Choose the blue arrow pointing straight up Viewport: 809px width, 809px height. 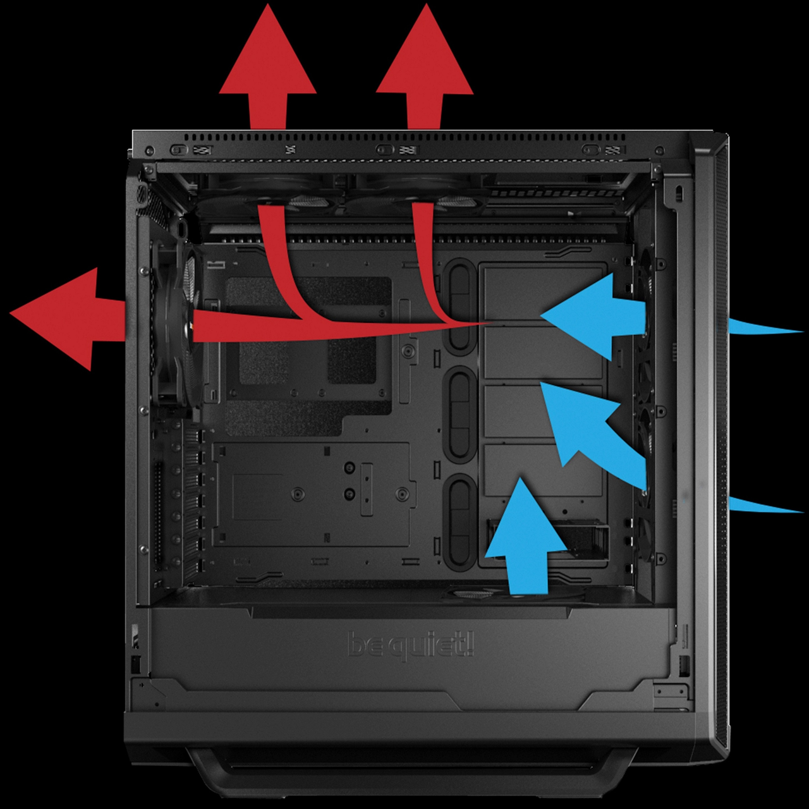point(525,537)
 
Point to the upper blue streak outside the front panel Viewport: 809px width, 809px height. point(765,327)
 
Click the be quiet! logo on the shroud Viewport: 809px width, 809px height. point(411,645)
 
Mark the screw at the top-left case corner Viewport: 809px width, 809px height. point(149,151)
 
